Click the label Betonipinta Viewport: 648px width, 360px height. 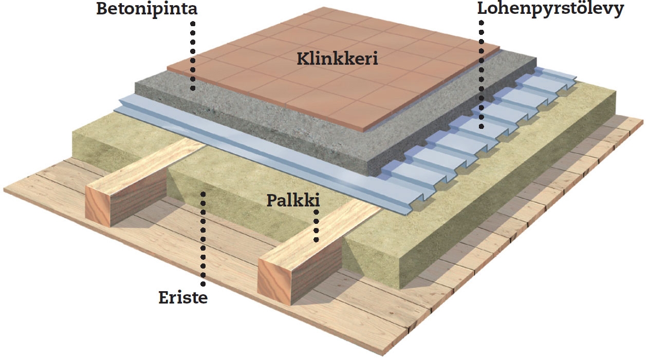point(146,9)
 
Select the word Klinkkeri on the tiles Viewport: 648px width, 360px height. point(337,59)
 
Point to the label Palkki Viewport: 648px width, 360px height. point(293,200)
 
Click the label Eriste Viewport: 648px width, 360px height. point(183,298)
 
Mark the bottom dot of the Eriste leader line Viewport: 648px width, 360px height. point(203,283)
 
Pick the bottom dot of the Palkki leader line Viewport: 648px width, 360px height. point(316,239)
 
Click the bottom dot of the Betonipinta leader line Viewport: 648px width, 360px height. point(193,88)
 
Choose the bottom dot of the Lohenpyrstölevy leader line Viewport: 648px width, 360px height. point(481,126)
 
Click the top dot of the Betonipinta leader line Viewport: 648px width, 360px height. point(193,24)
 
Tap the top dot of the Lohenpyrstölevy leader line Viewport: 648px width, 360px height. point(481,23)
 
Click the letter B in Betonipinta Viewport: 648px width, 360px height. point(102,9)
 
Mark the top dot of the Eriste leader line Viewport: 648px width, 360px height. point(203,194)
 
